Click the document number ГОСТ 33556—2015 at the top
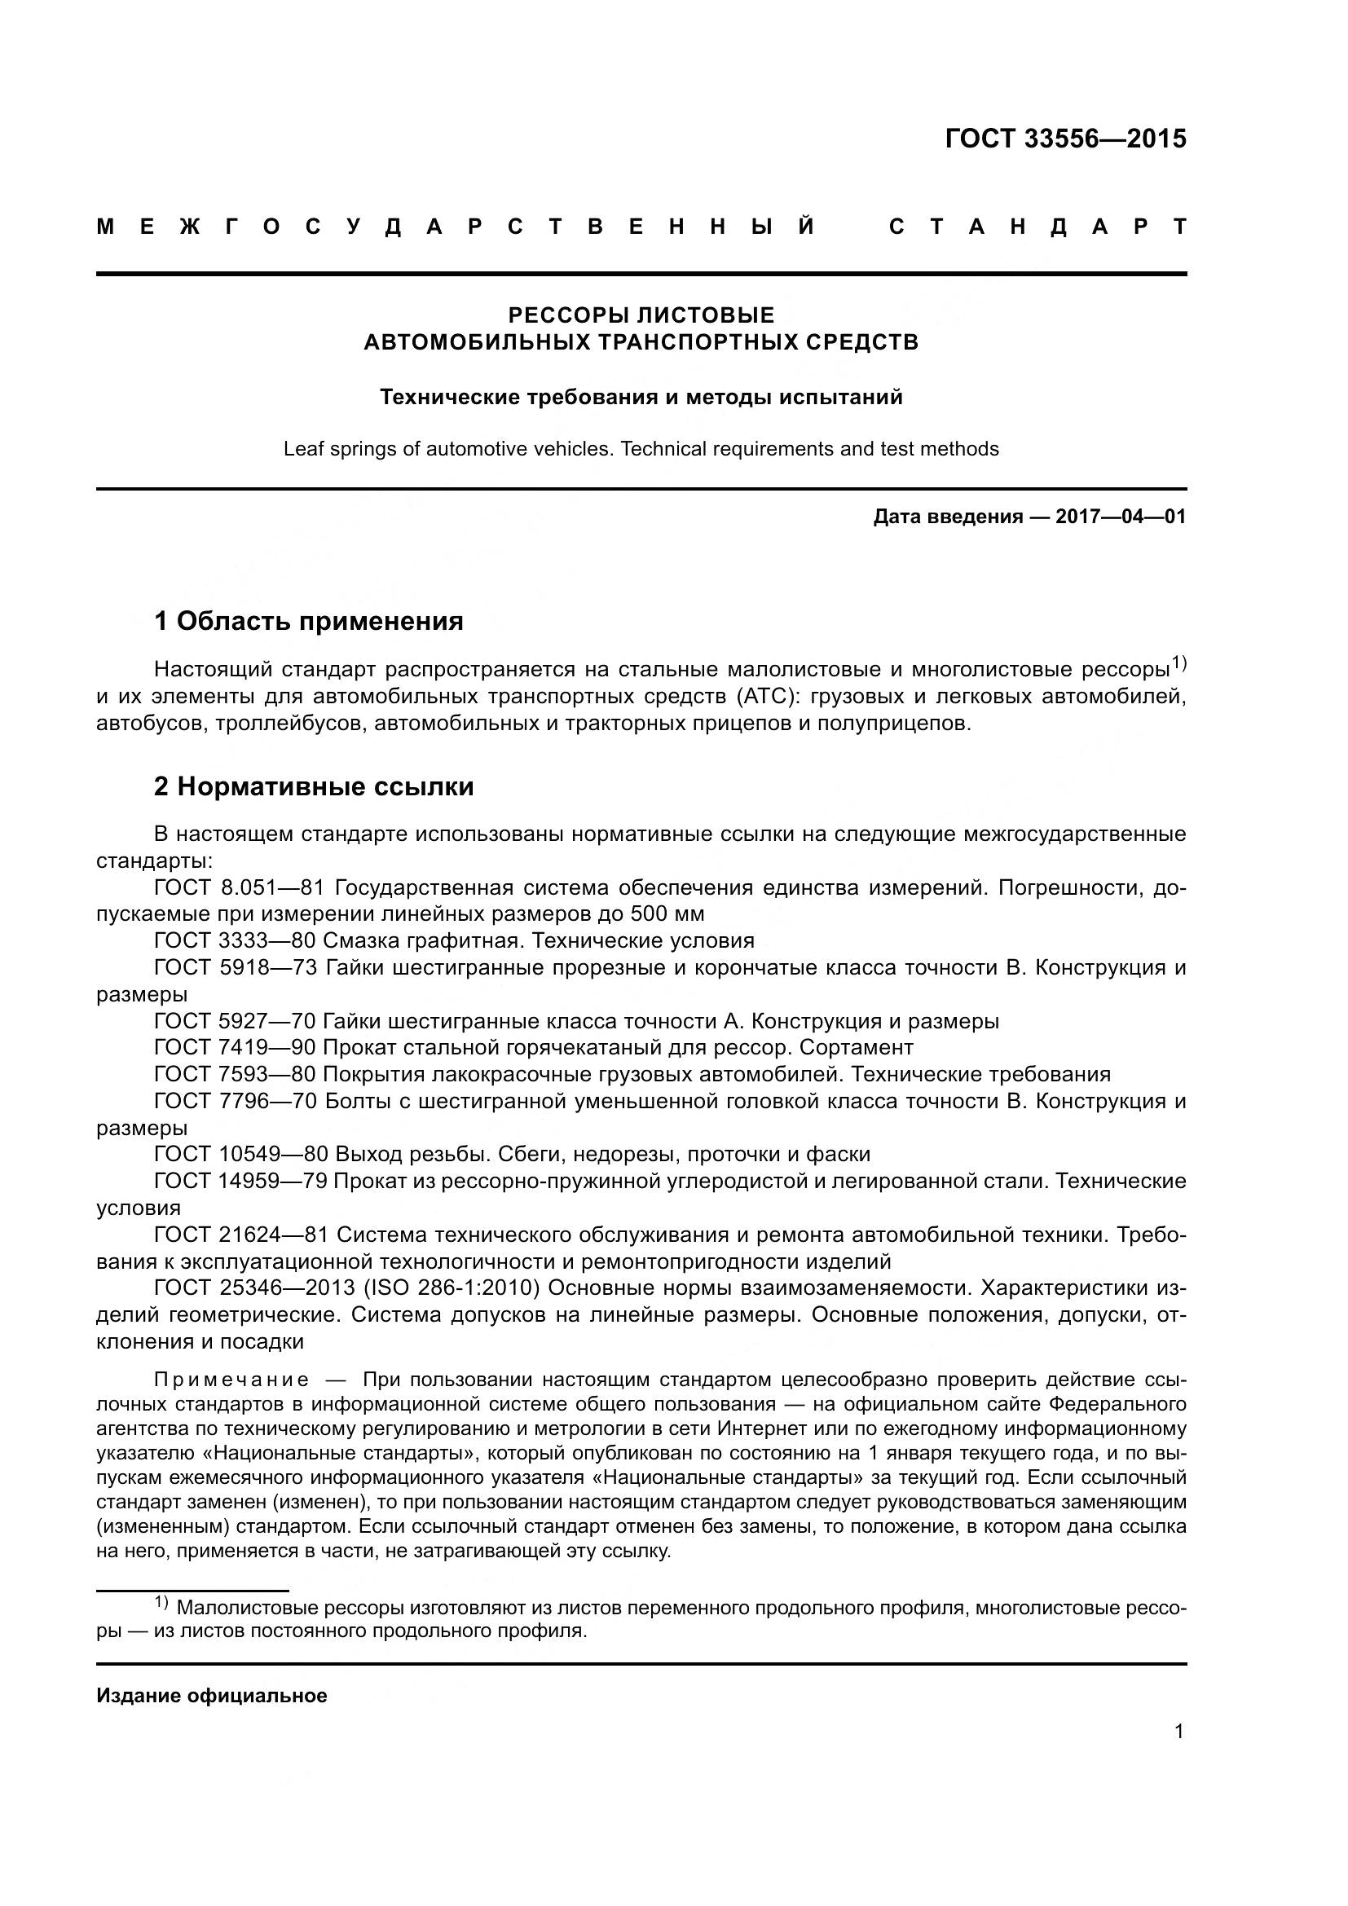coord(1065,139)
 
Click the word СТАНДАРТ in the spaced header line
coord(1037,227)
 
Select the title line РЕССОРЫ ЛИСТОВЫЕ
coord(641,315)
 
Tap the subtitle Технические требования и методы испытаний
coord(641,397)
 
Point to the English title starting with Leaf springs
coord(641,449)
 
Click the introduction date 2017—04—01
coord(1120,517)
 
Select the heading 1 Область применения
coord(308,620)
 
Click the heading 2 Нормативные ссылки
coord(313,786)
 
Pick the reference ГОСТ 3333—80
coord(234,940)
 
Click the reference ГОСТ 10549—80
coord(240,1154)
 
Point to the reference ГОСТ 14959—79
coord(240,1181)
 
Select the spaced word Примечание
coord(231,1380)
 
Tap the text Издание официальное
coord(212,1696)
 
